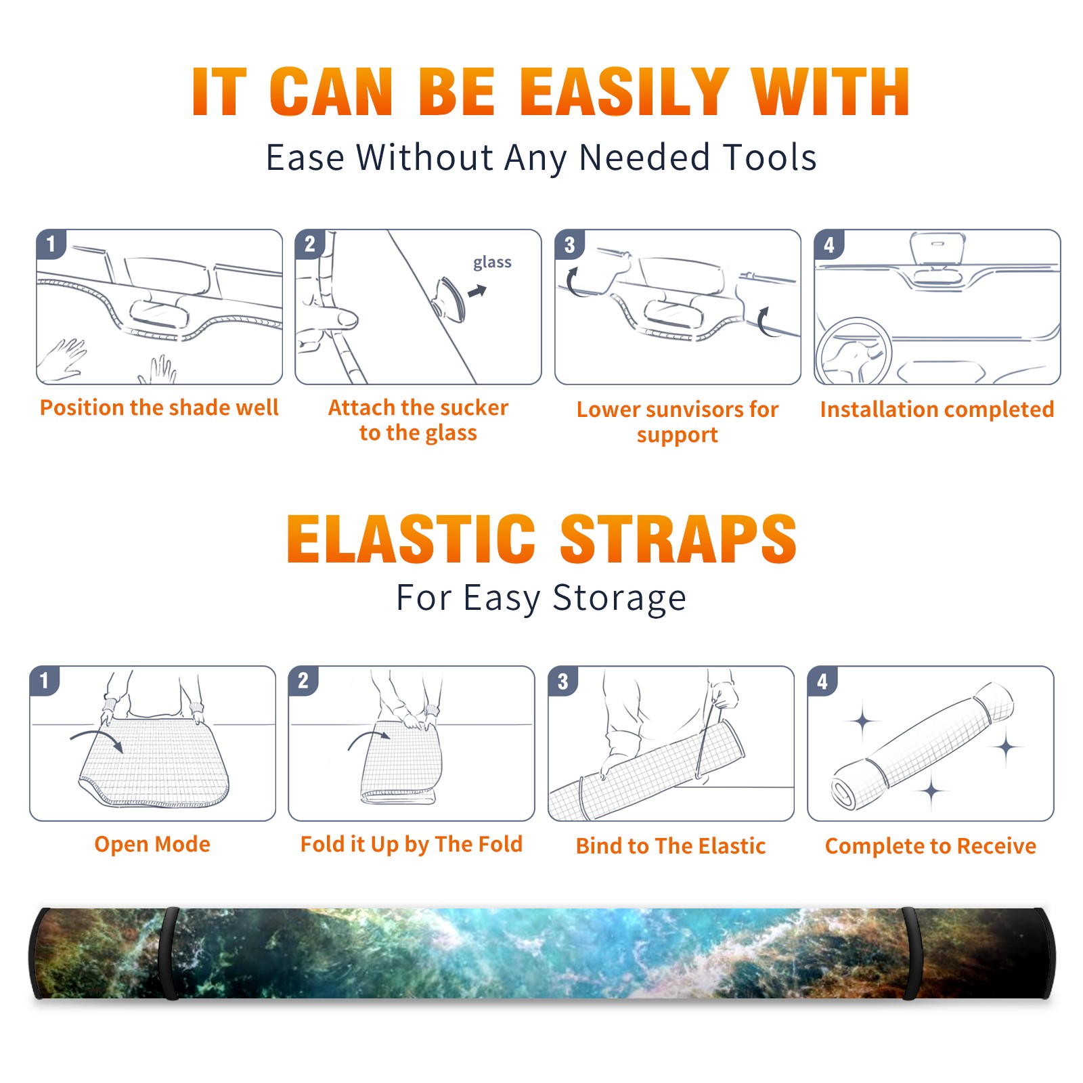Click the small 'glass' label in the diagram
click(492, 263)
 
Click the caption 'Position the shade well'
click(159, 407)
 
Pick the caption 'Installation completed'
click(937, 410)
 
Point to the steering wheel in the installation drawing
click(854, 351)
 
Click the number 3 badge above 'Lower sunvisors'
click(570, 245)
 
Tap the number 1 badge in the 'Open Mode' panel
click(45, 681)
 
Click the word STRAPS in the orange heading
click(678, 539)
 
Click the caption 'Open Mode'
click(152, 844)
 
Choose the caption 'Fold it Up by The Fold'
click(412, 845)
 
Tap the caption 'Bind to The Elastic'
click(671, 846)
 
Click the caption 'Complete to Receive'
click(931, 846)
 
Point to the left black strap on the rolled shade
click(169, 953)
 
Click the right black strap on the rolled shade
click(911, 953)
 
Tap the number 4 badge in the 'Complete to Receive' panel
click(822, 681)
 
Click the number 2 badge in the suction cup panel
click(310, 244)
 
